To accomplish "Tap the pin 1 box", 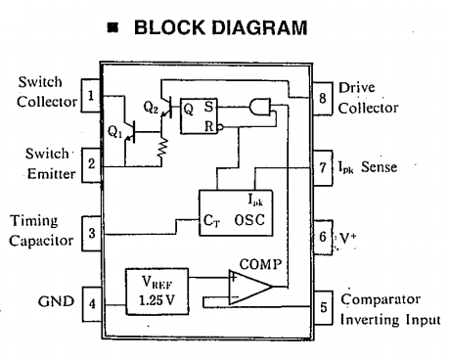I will pos(91,96).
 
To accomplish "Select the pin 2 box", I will pos(91,163).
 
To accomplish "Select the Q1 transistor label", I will pos(112,129).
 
